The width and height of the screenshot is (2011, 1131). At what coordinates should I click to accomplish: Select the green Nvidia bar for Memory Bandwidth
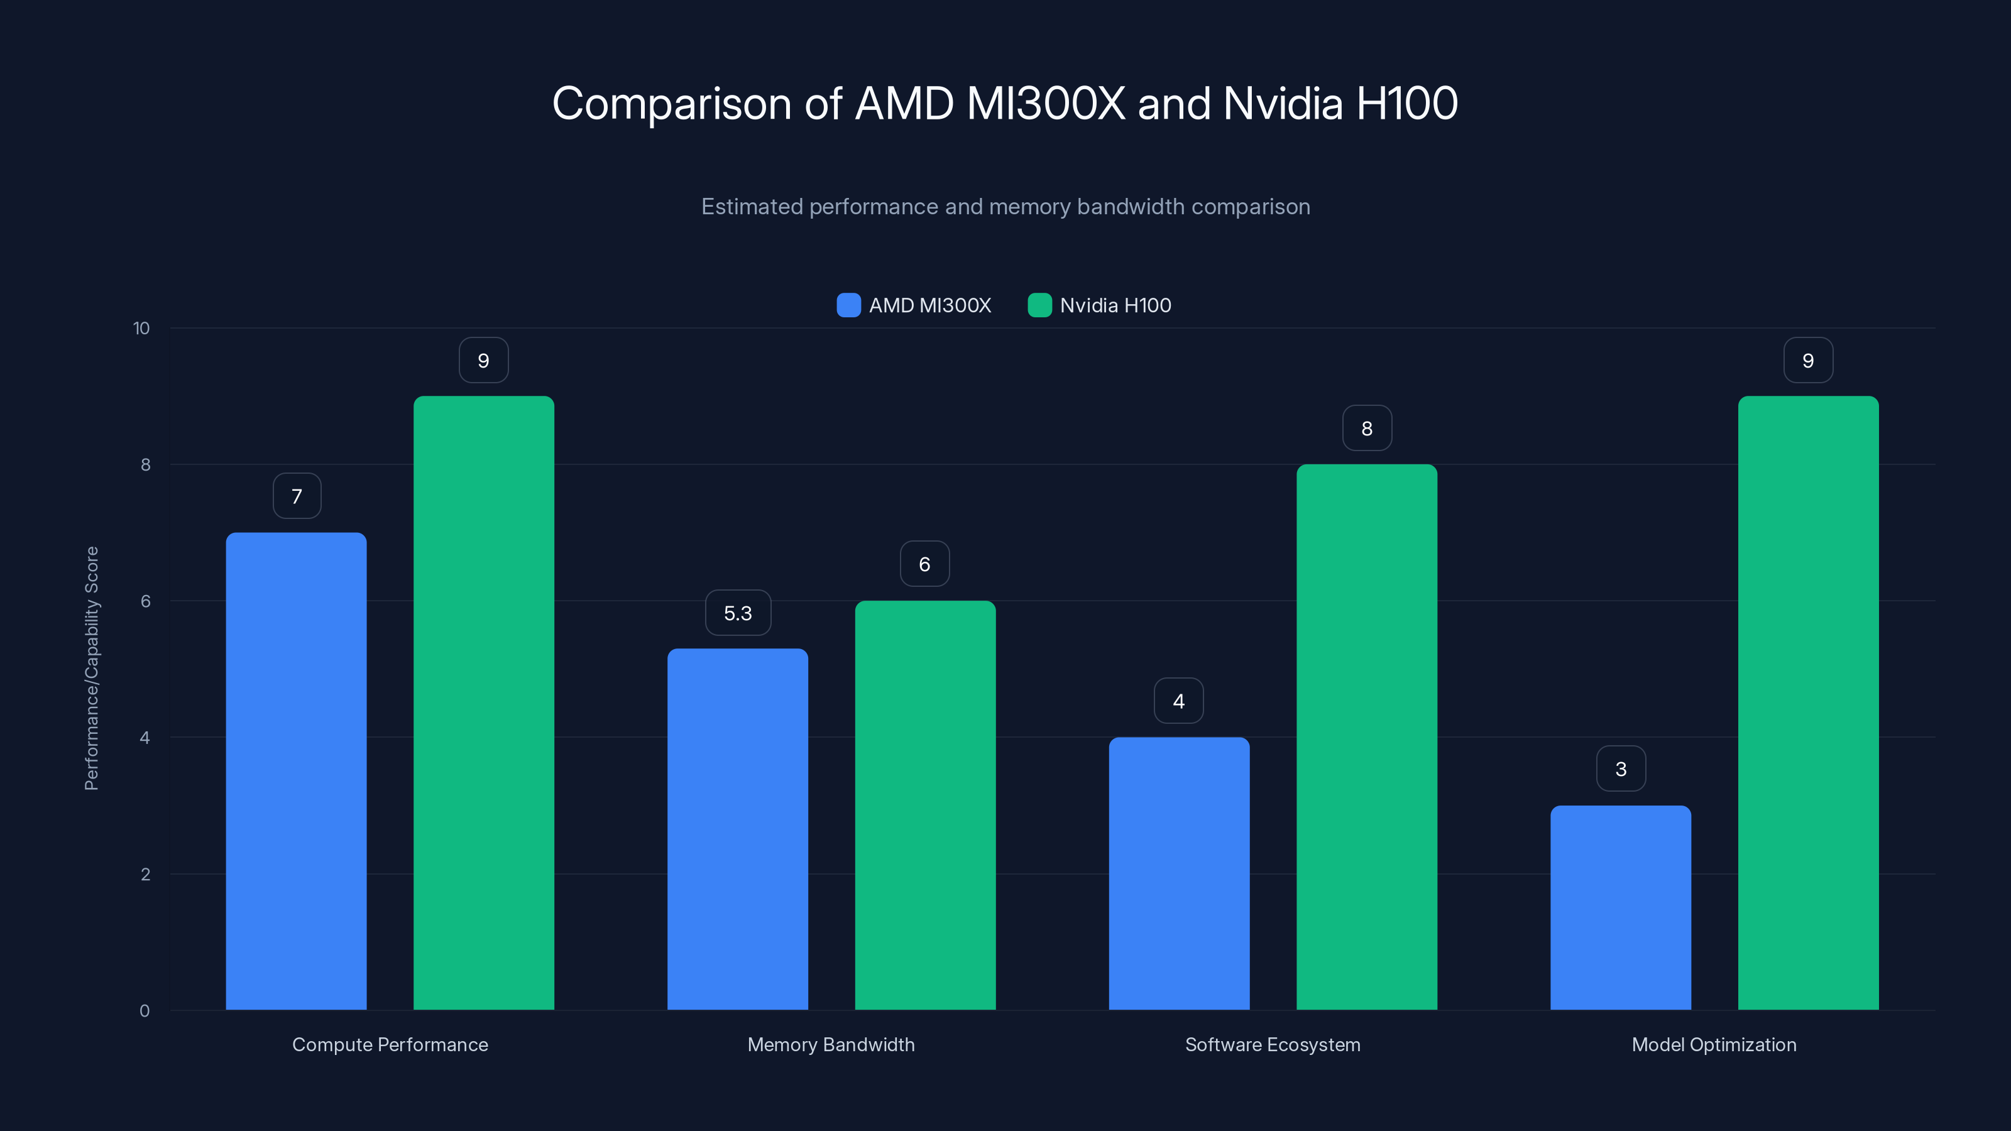coord(925,805)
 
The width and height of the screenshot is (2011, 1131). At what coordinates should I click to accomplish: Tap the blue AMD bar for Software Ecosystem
coord(1179,873)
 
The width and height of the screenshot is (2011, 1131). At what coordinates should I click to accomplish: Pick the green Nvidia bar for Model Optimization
coord(1808,702)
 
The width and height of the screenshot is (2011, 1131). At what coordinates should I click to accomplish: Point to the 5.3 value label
coord(738,613)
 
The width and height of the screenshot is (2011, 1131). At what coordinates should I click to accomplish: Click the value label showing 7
coord(297,496)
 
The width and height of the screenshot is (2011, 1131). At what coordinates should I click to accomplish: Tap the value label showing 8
coord(1367,429)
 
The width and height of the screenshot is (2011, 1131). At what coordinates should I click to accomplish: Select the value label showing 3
coord(1621,770)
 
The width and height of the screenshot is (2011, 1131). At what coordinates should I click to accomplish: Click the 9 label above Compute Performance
coord(483,361)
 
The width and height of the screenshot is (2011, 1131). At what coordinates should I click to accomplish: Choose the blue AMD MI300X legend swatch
coord(848,305)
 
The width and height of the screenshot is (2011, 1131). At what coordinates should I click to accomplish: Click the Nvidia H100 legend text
coord(1115,305)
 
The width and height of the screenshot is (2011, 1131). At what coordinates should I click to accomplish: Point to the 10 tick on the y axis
coord(141,329)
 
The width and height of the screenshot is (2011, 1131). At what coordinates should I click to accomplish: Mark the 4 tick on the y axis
coord(145,738)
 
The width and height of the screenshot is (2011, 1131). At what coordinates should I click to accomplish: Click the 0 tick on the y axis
coord(145,1011)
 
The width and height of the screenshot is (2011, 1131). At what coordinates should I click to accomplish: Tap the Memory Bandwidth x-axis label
coord(831,1044)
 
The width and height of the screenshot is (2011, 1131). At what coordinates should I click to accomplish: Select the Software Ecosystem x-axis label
coord(1273,1044)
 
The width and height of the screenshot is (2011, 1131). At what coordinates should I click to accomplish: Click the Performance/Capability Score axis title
coord(91,668)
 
